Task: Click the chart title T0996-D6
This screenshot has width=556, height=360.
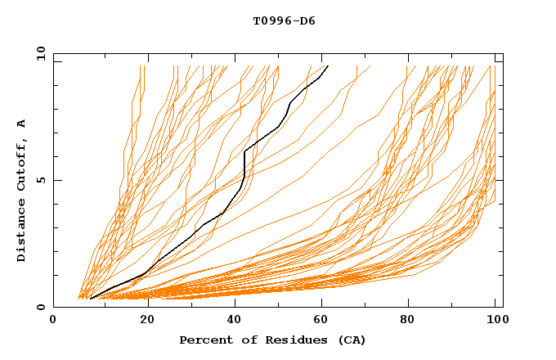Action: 284,21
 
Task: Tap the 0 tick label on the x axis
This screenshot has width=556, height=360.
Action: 53,322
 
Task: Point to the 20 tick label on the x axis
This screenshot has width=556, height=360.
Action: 147,322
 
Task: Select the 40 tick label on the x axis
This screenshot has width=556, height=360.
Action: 236,322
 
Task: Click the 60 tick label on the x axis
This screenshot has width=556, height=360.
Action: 325,322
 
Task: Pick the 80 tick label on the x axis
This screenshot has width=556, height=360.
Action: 414,322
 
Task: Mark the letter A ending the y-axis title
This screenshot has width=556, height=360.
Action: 22,124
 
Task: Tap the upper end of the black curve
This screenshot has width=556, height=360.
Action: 328,66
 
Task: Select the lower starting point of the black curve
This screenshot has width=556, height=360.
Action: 90,299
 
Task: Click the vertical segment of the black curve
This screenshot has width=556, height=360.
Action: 244,164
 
